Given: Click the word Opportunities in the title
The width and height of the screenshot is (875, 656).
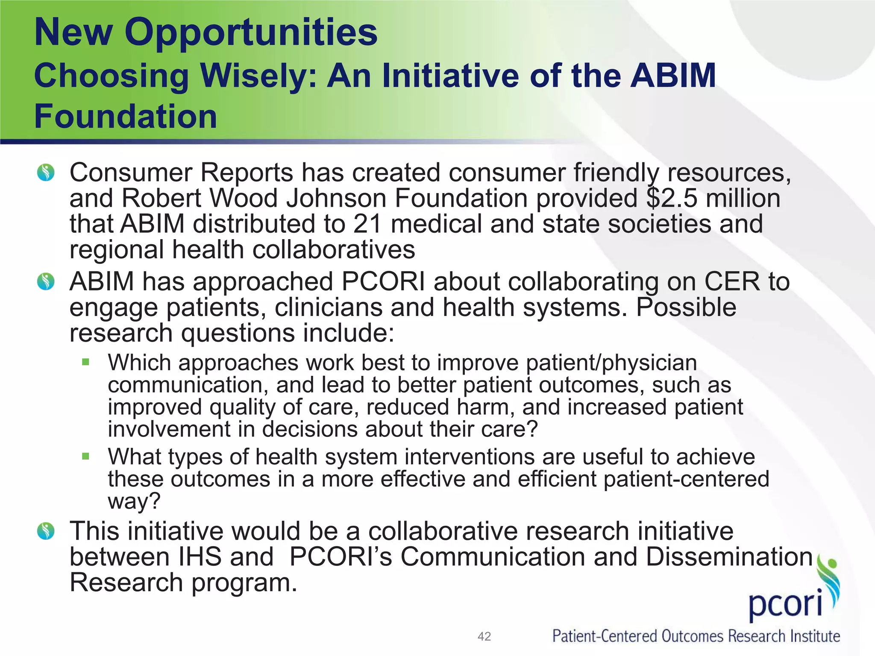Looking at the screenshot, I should [x=251, y=33].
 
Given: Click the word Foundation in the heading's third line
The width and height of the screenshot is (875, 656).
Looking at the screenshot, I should [x=126, y=117].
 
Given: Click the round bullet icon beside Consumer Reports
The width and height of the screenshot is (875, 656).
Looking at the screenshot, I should [x=46, y=173].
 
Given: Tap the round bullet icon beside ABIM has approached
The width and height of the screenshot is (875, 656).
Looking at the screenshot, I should [x=46, y=282].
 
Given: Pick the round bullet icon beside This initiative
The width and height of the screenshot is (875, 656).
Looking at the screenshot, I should [x=46, y=531].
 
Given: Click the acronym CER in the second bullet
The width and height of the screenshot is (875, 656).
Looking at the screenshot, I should [x=732, y=282].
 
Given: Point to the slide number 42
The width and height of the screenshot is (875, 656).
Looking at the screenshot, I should [x=484, y=636].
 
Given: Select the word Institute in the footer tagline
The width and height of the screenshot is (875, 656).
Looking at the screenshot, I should [x=815, y=636].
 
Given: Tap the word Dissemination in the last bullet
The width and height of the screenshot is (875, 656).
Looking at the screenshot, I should [x=729, y=557].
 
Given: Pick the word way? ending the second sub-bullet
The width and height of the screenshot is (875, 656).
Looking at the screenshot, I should [x=134, y=501].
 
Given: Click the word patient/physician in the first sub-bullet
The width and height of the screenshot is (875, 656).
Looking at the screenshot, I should [x=611, y=363].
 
